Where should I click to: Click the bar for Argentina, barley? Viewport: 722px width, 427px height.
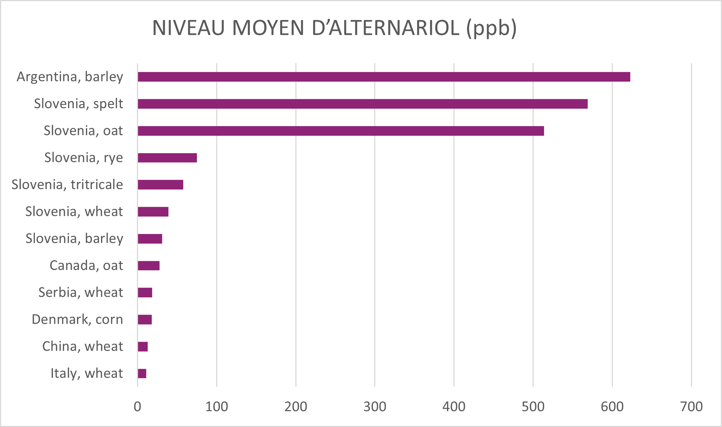click(x=384, y=77)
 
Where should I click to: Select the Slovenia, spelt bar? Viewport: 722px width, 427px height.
click(x=363, y=104)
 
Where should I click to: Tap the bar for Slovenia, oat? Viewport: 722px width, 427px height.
click(x=341, y=131)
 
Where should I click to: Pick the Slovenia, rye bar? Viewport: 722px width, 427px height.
click(x=167, y=158)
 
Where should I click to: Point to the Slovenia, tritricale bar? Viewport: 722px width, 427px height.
click(x=160, y=185)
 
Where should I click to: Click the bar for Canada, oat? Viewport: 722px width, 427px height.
click(x=148, y=265)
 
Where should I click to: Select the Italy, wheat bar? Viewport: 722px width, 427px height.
click(x=142, y=373)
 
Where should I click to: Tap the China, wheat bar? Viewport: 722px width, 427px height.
click(x=142, y=347)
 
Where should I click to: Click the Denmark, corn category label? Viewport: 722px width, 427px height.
click(x=77, y=320)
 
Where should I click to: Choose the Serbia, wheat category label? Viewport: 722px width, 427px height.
click(x=81, y=292)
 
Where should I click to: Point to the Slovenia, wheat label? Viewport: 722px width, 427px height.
click(x=74, y=212)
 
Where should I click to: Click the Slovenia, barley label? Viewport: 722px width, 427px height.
click(x=74, y=238)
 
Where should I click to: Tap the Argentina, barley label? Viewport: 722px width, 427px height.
click(x=70, y=77)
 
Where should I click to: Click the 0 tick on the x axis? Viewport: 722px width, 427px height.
click(x=137, y=407)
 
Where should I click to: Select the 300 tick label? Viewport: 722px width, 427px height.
click(x=375, y=407)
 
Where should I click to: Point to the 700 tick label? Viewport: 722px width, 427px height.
click(x=691, y=407)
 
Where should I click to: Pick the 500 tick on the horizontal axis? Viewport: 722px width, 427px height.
click(x=533, y=407)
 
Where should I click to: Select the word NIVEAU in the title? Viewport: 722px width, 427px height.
click(x=188, y=28)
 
